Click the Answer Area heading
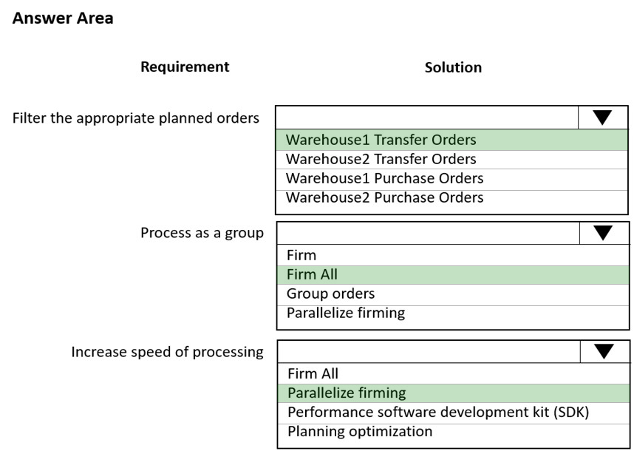click(x=63, y=18)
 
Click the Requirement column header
click(x=185, y=67)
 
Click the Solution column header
click(x=453, y=67)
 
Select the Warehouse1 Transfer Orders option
click(x=381, y=140)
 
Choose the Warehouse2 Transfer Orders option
click(x=381, y=159)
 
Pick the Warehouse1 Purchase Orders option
click(x=384, y=178)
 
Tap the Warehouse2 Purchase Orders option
click(x=384, y=197)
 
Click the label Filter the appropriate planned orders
click(x=136, y=118)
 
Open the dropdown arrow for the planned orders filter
click(x=602, y=118)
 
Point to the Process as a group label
click(x=202, y=233)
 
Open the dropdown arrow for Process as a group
click(x=603, y=233)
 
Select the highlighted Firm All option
click(x=312, y=274)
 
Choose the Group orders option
click(x=331, y=294)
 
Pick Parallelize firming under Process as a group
click(x=346, y=313)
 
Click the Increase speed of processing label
click(x=168, y=352)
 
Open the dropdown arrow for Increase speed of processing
click(x=604, y=351)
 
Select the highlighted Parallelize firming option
click(x=347, y=393)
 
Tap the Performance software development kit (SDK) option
click(x=438, y=412)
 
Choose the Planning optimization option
click(x=360, y=432)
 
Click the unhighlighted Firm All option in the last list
click(x=313, y=374)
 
